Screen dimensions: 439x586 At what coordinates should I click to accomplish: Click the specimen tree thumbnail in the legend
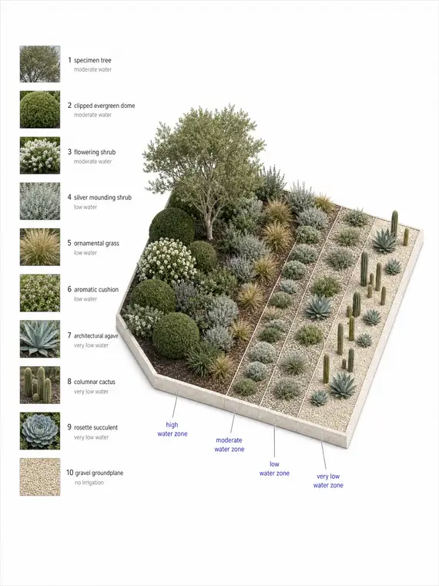(x=40, y=64)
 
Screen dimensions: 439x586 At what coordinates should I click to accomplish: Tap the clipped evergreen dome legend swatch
(x=40, y=109)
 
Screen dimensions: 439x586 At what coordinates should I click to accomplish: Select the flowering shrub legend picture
(x=40, y=156)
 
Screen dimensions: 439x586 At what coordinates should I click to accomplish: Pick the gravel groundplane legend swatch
(x=40, y=477)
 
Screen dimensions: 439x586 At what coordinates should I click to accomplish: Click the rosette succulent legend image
(x=40, y=431)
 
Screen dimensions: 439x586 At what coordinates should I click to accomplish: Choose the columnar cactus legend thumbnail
(x=40, y=385)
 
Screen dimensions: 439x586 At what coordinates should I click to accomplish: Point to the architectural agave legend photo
(x=40, y=339)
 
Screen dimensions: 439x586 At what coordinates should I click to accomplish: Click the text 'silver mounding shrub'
(x=102, y=197)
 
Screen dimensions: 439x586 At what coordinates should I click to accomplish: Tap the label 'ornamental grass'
(x=96, y=244)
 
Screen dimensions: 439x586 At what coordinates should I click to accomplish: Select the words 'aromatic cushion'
(x=96, y=290)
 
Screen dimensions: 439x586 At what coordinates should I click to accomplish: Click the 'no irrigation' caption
(x=89, y=483)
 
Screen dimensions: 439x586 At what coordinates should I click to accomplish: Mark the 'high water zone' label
(x=172, y=429)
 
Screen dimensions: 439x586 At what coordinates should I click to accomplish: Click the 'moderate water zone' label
(x=230, y=445)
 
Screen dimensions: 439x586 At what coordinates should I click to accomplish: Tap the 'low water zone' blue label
(x=274, y=469)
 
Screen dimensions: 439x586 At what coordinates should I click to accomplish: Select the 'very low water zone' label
(x=328, y=480)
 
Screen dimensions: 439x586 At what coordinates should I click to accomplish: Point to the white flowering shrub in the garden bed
(x=167, y=261)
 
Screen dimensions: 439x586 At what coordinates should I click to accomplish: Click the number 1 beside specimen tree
(x=69, y=60)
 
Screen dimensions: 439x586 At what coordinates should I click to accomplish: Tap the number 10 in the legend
(x=70, y=473)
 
